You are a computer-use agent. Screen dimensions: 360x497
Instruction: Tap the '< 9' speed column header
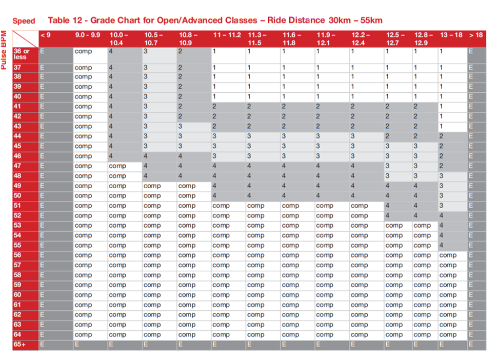pos(55,35)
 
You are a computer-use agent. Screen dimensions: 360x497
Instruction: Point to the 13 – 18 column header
pos(451,35)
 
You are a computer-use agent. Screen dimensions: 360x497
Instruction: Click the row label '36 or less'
pos(25,54)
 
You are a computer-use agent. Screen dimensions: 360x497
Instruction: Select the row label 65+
pos(25,345)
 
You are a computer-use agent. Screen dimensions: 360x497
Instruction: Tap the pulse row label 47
pos(25,166)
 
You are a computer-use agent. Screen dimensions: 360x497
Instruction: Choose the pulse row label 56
pos(25,255)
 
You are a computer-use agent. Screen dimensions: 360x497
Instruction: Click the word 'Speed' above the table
pos(24,21)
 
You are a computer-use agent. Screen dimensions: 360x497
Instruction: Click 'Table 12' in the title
pos(65,20)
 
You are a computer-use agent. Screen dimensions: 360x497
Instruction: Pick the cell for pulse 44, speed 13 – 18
pos(452,136)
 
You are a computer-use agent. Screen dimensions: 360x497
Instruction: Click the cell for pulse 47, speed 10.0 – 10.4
pos(124,166)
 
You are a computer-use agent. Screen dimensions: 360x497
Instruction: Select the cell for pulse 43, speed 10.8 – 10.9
pos(193,126)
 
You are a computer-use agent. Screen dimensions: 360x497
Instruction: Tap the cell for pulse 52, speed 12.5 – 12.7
pos(397,216)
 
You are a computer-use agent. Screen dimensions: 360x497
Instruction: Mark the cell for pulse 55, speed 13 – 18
pos(452,246)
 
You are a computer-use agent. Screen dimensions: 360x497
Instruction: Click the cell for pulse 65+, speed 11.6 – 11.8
pos(297,345)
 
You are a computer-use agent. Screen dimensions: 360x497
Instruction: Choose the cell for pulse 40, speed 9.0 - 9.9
pos(90,96)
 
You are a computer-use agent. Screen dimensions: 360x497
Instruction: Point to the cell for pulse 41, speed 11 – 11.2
pos(228,107)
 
